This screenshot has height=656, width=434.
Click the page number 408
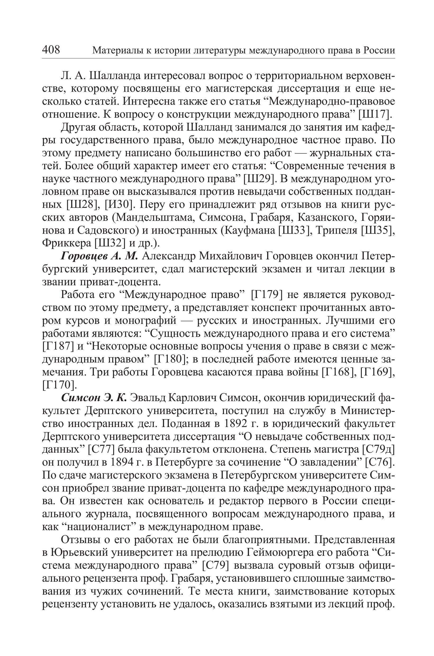(x=51, y=50)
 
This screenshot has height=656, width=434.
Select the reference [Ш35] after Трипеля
(x=378, y=231)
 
